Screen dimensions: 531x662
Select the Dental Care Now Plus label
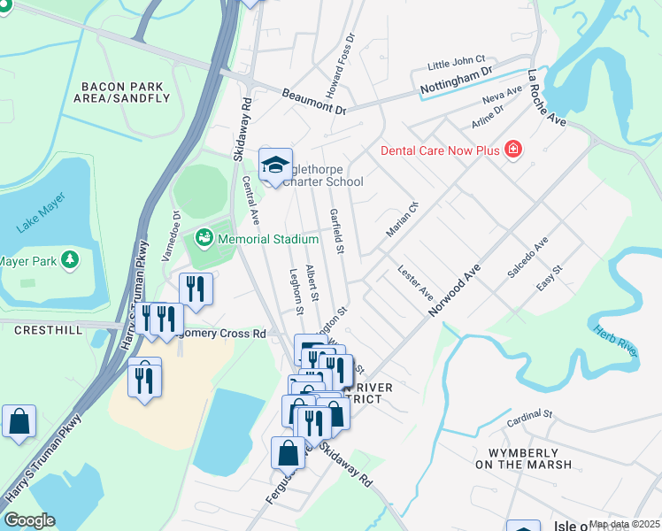[x=439, y=150]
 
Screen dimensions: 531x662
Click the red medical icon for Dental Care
[x=512, y=150]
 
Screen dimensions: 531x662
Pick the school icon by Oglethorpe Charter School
[x=275, y=165]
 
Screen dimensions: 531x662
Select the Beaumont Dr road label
[x=314, y=102]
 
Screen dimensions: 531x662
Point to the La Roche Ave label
[x=547, y=97]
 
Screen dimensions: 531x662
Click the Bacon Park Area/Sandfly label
[x=125, y=92]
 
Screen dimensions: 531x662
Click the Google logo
[x=29, y=520]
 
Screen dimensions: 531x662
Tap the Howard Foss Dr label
[x=339, y=54]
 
